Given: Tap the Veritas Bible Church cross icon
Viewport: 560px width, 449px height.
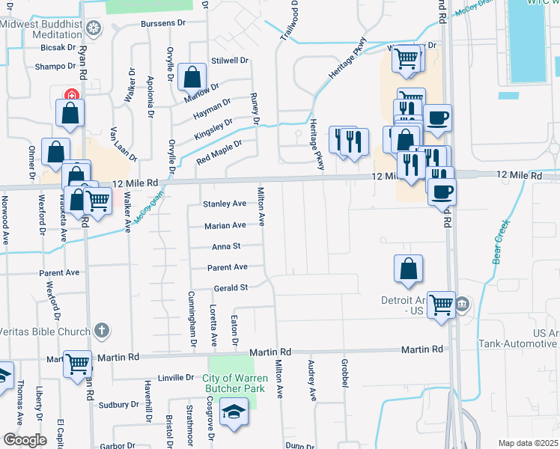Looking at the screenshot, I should click(102, 330).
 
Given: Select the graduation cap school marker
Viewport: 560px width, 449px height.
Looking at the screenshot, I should click(234, 413).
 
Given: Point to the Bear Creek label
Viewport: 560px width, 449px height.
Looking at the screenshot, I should click(501, 241).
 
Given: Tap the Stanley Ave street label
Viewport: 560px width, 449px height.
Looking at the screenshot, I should click(225, 204).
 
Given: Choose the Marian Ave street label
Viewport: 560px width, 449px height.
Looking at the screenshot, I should click(225, 225).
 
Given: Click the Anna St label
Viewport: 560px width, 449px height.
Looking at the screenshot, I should click(225, 246).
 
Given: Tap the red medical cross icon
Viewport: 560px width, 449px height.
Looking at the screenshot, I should click(71, 95).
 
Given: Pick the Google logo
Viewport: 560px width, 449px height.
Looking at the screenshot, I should click(25, 440).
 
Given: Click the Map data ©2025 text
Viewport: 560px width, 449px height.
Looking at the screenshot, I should click(528, 443).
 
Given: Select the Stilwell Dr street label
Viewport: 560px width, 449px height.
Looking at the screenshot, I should click(229, 60).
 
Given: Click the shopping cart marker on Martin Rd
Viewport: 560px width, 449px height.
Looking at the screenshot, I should click(78, 364).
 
